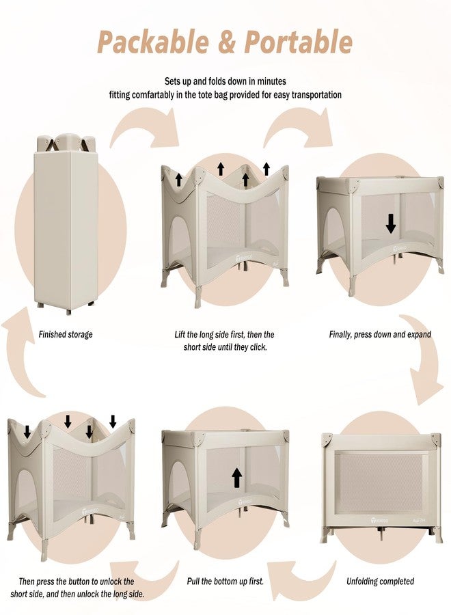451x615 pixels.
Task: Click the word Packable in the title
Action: [153, 42]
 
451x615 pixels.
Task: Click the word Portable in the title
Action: [299, 42]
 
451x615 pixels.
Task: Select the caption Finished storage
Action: [66, 335]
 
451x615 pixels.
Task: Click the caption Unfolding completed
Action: [380, 581]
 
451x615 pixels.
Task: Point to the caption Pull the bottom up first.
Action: [225, 581]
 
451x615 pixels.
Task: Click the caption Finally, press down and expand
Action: [380, 335]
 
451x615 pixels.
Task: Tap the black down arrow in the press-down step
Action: [391, 224]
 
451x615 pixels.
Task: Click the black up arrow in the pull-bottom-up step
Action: [237, 478]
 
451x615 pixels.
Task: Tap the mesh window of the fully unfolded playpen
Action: [381, 479]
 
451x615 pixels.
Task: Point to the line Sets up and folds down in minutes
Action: [225, 81]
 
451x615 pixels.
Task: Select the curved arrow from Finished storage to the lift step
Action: [146, 129]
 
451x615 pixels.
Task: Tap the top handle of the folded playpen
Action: [66, 141]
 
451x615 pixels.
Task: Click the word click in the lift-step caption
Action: [257, 347]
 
